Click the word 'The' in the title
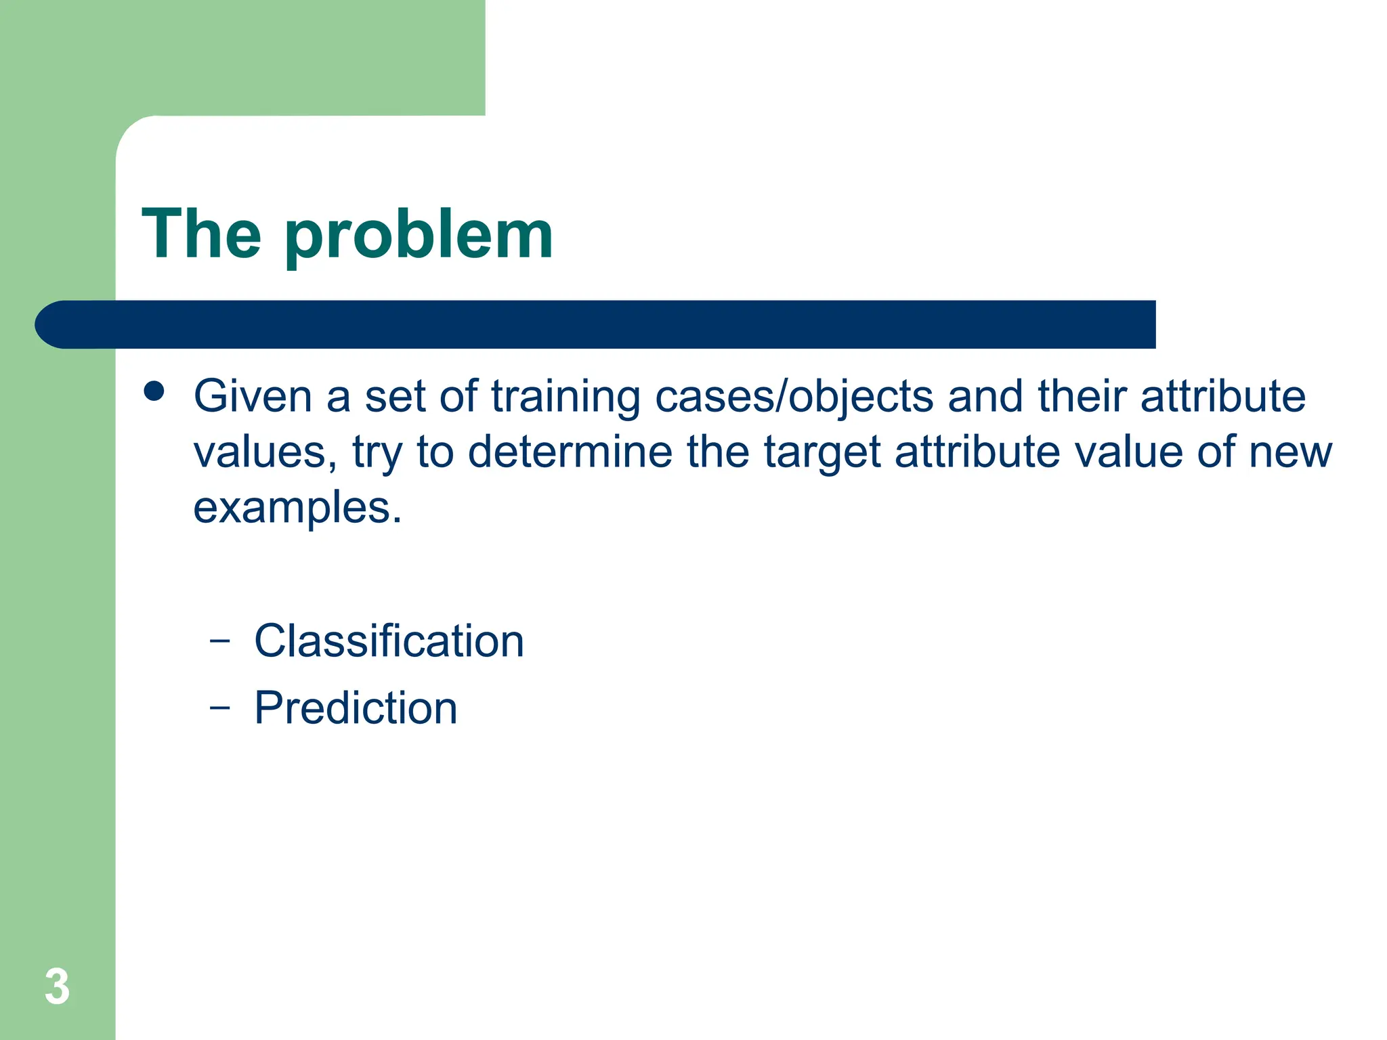point(201,234)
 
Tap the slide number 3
point(57,987)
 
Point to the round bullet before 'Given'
point(154,391)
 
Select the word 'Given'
point(253,396)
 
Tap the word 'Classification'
point(389,641)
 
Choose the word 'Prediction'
point(356,708)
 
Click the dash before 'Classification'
point(219,639)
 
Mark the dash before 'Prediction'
point(219,707)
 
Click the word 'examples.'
point(297,509)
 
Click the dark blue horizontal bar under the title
point(596,324)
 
